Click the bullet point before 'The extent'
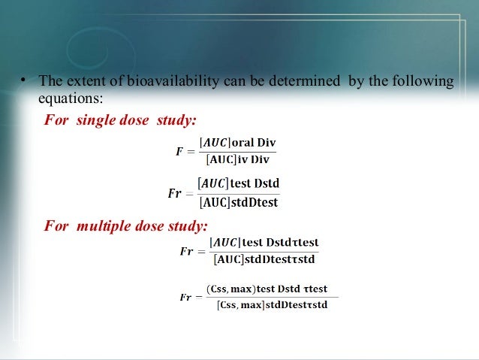24,81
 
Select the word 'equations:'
71,98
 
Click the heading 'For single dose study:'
120,120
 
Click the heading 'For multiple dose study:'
125,225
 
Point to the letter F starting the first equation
179,151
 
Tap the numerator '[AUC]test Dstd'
238,183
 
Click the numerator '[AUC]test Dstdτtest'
265,243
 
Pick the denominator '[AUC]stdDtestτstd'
264,260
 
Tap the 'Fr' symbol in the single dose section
174,193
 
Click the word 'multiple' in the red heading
102,225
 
